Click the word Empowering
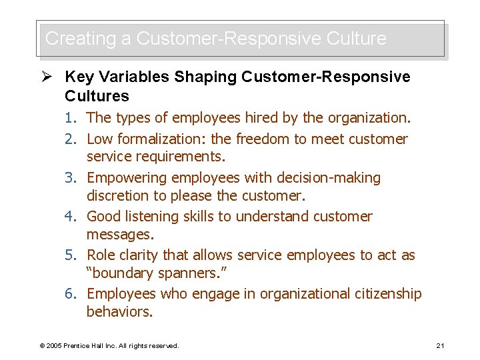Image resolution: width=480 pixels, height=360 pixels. (x=127, y=178)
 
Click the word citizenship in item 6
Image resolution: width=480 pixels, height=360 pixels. (x=387, y=294)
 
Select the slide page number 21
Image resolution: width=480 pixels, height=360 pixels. (x=440, y=345)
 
